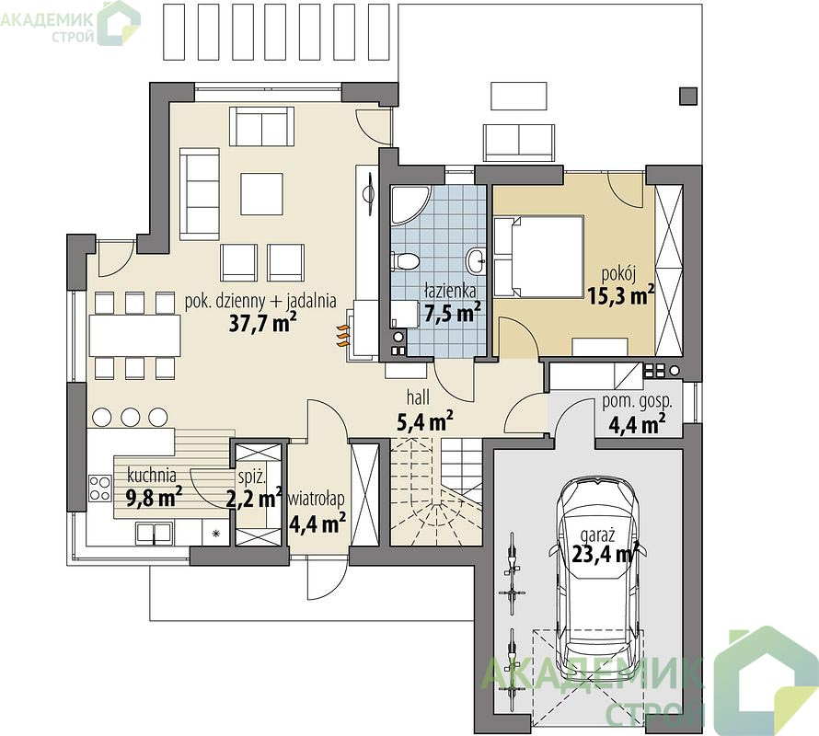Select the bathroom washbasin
pyautogui.click(x=477, y=260)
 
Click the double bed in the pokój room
pyautogui.click(x=538, y=257)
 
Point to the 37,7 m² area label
pyautogui.click(x=263, y=323)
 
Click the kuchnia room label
pyautogui.click(x=152, y=476)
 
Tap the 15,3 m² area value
pyautogui.click(x=620, y=296)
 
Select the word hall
pyautogui.click(x=419, y=397)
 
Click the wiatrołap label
pyautogui.click(x=317, y=500)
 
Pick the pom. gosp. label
pyautogui.click(x=637, y=402)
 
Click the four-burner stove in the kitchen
pyautogui.click(x=99, y=488)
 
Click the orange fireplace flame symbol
pyautogui.click(x=341, y=336)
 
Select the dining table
pyautogui.click(x=134, y=336)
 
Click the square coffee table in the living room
pyautogui.click(x=261, y=194)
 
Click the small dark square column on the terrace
pyautogui.click(x=688, y=96)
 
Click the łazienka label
pyautogui.click(x=450, y=290)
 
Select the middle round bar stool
pyautogui.click(x=130, y=417)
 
